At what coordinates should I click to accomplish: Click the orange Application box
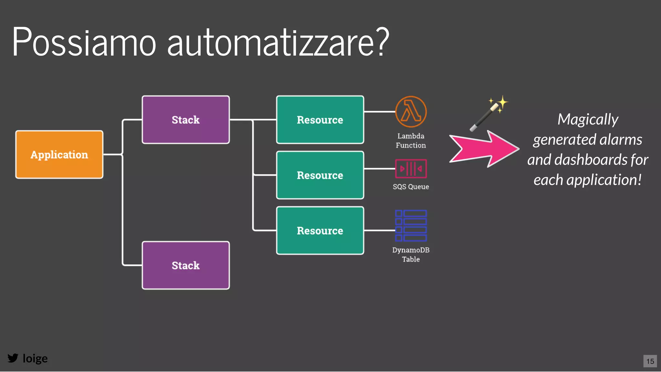59,154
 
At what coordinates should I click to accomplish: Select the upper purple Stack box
186,120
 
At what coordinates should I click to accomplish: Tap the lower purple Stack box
186,265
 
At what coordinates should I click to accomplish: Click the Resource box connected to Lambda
320,120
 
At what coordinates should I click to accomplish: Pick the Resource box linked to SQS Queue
320,175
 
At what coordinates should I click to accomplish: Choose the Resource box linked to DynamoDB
320,231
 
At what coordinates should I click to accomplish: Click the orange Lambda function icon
411,112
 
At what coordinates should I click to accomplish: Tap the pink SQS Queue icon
411,169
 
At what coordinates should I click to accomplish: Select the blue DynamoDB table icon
411,226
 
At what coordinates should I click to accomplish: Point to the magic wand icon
488,114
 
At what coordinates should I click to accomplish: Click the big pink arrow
484,149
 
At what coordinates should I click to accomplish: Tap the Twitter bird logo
13,358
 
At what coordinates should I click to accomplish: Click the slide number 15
650,361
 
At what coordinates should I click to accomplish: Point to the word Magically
588,119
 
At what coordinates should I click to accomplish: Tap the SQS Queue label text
411,187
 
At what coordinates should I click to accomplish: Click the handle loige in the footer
35,358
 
